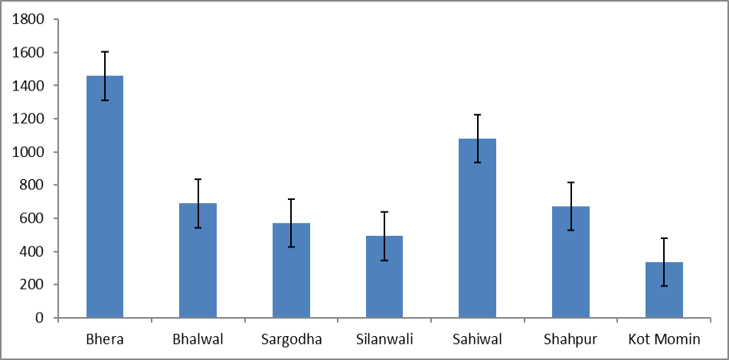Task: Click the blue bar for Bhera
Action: click(105, 197)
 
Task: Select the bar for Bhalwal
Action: click(198, 260)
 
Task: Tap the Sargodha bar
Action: click(291, 270)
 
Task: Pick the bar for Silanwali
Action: click(384, 277)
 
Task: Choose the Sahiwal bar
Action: click(478, 228)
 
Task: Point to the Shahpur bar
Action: click(571, 262)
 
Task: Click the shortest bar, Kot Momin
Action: click(664, 290)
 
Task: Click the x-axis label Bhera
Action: click(105, 339)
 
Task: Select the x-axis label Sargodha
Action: click(292, 340)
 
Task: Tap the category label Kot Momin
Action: click(664, 339)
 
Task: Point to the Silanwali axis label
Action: click(384, 339)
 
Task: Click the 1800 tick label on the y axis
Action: click(29, 20)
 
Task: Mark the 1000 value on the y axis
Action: click(29, 152)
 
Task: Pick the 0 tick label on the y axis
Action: click(40, 318)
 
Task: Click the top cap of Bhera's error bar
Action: click(105, 51)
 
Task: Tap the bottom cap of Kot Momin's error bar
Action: click(664, 286)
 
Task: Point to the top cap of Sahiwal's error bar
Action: click(478, 114)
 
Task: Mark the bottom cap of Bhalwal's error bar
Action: click(198, 227)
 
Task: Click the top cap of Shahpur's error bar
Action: click(571, 182)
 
